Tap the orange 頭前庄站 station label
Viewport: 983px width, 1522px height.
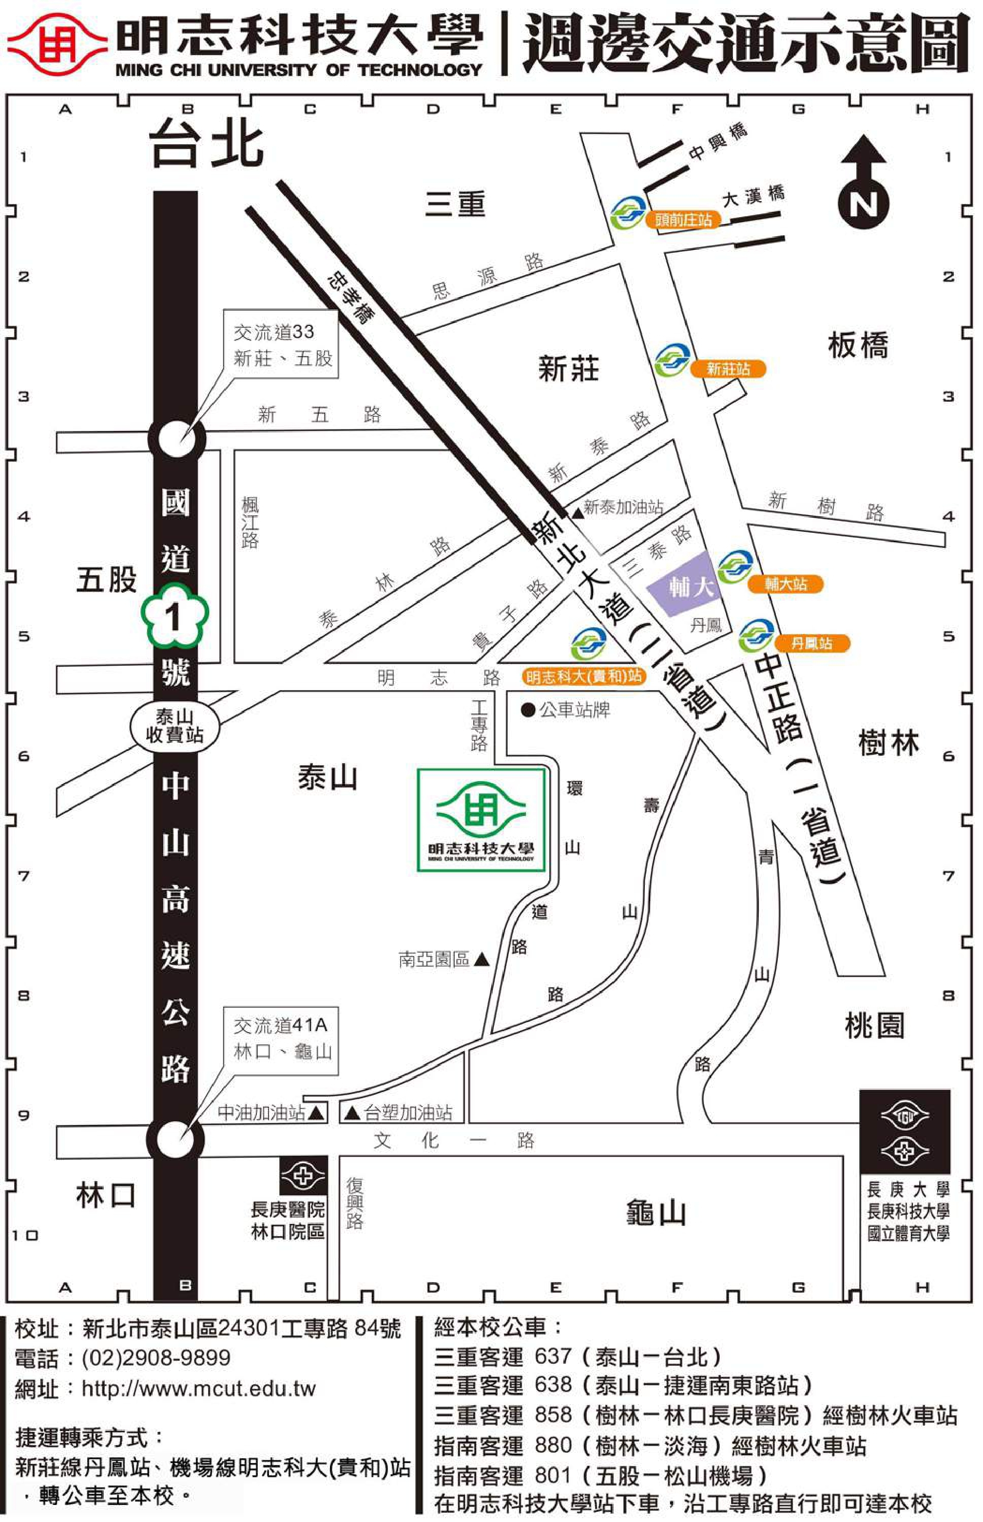[683, 220]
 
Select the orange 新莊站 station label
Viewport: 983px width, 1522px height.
[728, 369]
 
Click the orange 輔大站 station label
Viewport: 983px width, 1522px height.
[785, 583]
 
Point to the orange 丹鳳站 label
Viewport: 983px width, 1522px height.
[811, 643]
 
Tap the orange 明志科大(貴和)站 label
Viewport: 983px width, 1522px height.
[583, 676]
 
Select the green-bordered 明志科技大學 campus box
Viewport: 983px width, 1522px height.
[482, 820]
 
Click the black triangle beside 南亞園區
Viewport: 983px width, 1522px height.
[482, 959]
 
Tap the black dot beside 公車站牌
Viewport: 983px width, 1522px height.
[527, 709]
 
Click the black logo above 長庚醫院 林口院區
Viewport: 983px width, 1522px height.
[303, 1175]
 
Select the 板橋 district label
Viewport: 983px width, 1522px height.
[857, 345]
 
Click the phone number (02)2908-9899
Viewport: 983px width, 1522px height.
[156, 1357]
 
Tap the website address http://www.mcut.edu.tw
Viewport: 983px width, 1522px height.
[198, 1388]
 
